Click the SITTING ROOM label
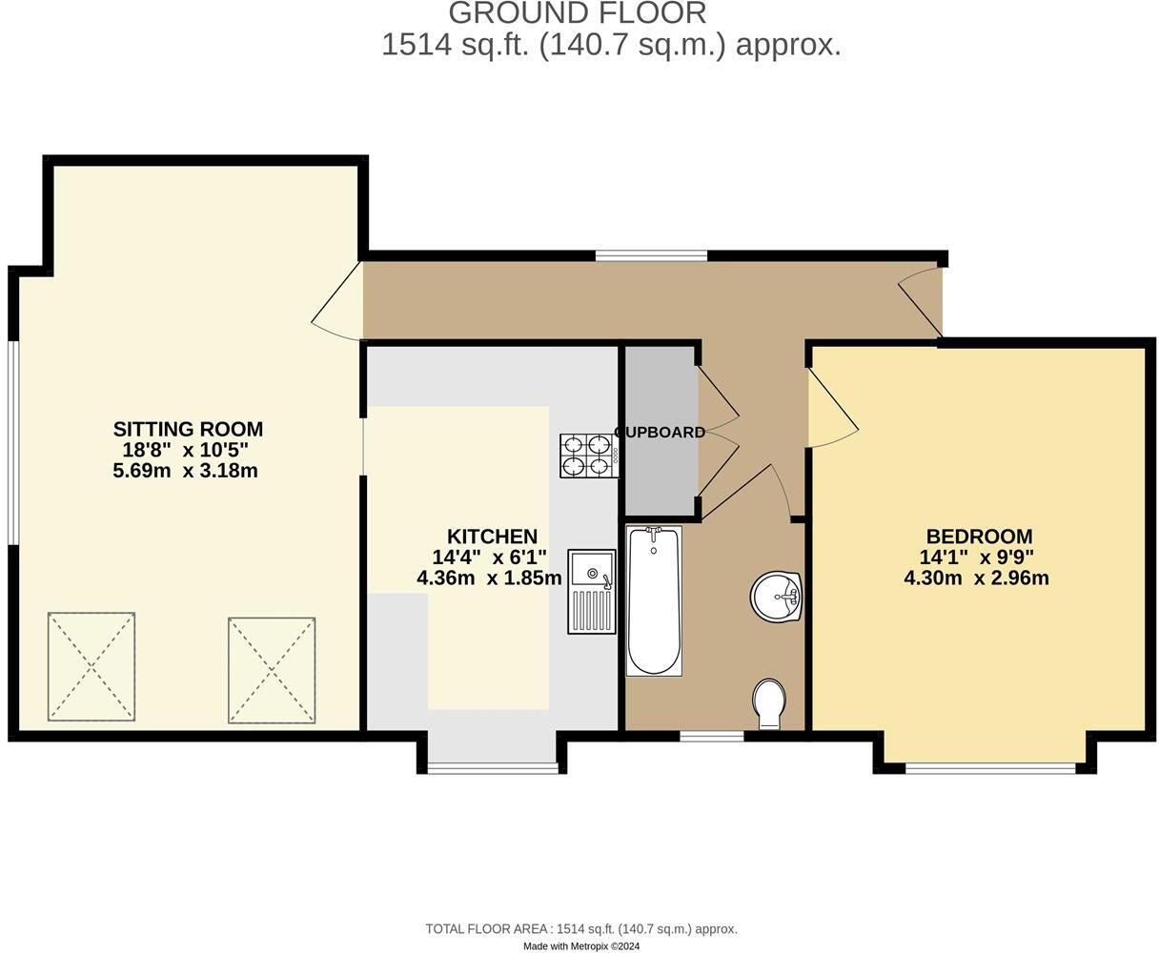coord(188,429)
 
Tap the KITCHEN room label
coord(492,537)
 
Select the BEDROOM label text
coord(979,537)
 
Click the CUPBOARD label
coord(661,432)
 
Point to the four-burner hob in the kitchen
coord(586,456)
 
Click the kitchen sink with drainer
coord(592,591)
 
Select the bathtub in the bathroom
coord(654,600)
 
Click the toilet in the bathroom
coord(769,703)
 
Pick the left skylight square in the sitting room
coord(91,666)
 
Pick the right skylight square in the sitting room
coord(272,669)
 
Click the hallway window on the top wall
coord(651,255)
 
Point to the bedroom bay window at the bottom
coord(994,767)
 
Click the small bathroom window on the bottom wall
coord(711,735)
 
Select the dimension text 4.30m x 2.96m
coord(976,578)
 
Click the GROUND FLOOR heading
coord(578,13)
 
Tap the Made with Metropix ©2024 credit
coord(581,946)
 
